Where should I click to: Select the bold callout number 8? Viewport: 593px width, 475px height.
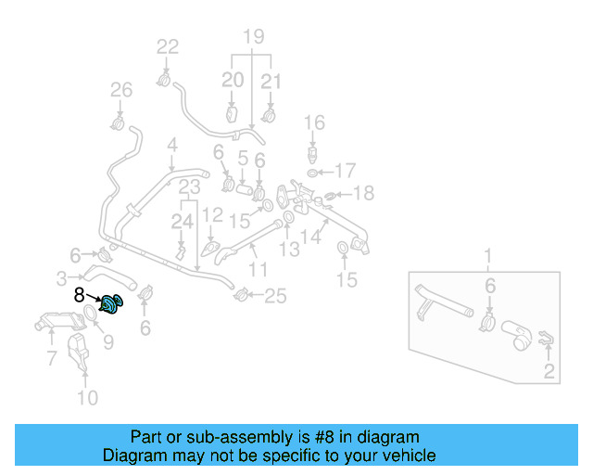(80, 295)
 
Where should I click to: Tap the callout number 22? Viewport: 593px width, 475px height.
(168, 47)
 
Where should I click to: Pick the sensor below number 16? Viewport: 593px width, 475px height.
(315, 152)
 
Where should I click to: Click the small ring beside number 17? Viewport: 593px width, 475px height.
(316, 172)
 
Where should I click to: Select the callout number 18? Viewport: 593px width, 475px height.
(363, 193)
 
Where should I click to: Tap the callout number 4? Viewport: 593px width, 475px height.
(171, 145)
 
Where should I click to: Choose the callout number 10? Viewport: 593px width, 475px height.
(86, 399)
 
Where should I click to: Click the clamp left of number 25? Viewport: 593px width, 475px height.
(242, 295)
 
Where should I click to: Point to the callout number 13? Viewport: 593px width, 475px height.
(290, 249)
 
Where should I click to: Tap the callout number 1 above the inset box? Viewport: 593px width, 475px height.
(489, 256)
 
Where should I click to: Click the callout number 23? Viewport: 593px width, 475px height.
(190, 188)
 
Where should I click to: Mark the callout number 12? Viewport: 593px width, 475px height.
(212, 215)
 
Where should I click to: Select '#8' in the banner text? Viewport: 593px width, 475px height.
(305, 437)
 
